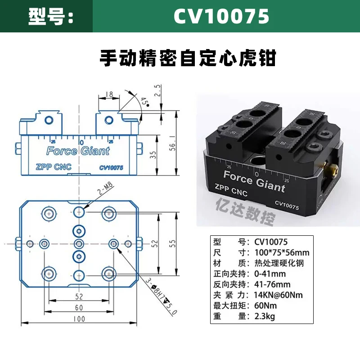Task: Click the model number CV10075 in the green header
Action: point(221,16)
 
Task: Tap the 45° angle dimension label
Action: point(144,102)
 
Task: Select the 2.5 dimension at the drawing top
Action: point(157,90)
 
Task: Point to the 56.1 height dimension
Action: point(172,143)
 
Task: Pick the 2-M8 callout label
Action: point(105,188)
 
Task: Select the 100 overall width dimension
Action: point(79,319)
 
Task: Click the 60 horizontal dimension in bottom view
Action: point(79,307)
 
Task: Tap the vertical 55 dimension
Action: point(172,243)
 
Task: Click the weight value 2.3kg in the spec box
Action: point(265,317)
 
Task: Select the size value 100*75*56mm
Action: point(282,252)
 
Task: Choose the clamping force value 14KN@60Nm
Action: point(278,295)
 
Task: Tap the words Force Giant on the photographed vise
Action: point(254,181)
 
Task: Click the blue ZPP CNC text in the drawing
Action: point(54,167)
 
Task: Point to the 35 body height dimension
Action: point(153,155)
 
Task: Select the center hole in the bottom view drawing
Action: point(79,244)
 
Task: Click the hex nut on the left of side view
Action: point(18,148)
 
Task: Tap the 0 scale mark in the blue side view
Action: point(82,143)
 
